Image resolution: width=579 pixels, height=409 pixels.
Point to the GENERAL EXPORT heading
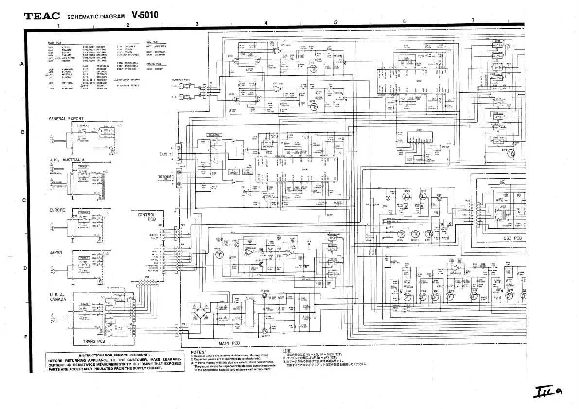pos(66,119)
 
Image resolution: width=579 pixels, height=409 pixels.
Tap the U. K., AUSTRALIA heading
pos(67,160)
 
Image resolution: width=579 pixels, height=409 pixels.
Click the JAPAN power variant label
pos(54,252)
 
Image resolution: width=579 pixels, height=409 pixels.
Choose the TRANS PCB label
pos(94,341)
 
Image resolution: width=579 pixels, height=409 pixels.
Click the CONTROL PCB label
pos(146,217)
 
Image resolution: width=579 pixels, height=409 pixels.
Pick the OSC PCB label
pos(511,238)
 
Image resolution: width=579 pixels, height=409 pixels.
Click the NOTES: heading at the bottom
pos(198,352)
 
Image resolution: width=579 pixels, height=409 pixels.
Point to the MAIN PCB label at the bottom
pos(230,343)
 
